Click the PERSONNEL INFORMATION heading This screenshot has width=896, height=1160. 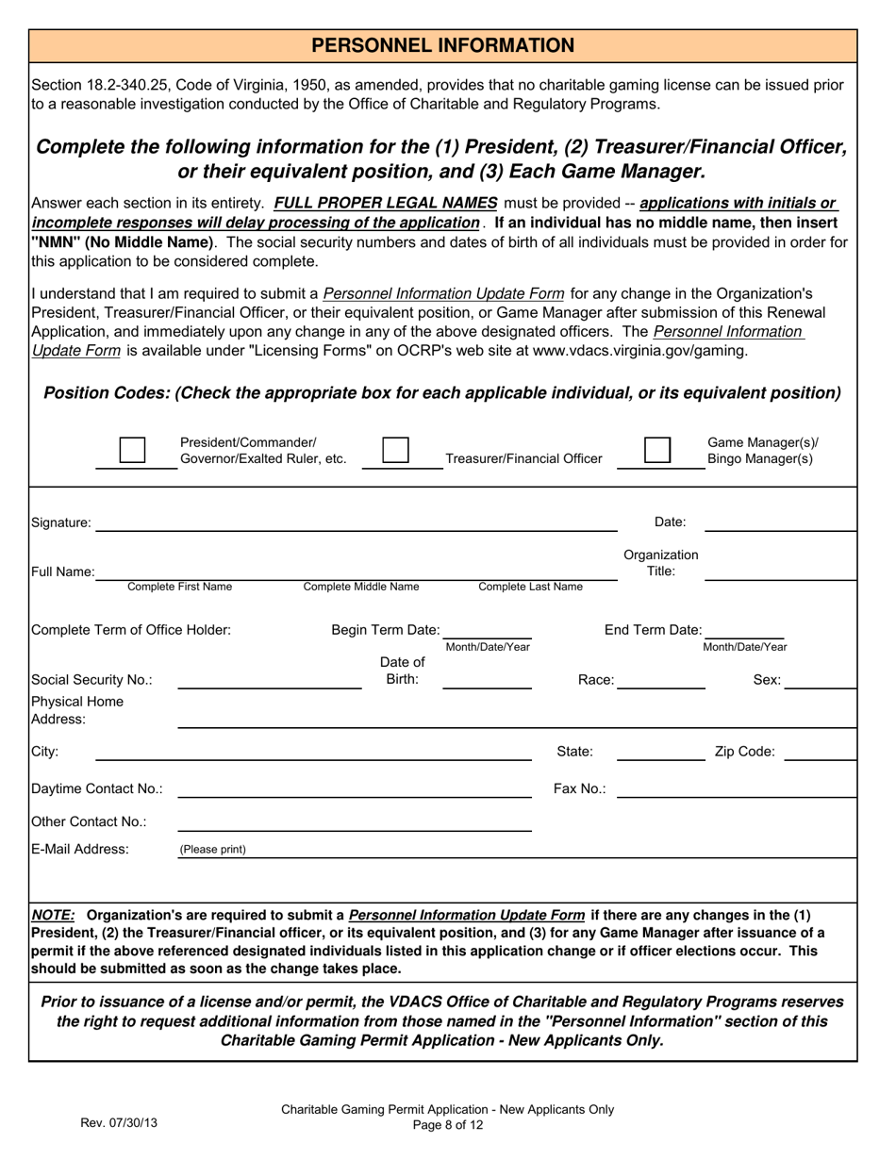coord(443,45)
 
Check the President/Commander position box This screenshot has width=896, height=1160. coord(132,451)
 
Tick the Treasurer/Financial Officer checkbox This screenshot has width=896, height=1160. coord(394,451)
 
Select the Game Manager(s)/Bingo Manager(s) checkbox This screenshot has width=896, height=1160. coord(657,451)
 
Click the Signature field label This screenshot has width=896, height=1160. coord(61,522)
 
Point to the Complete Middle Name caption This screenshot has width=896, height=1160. coord(361,587)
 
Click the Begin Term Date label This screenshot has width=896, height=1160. coord(385,630)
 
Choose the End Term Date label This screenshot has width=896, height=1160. coord(653,630)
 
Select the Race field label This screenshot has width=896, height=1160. coord(596,680)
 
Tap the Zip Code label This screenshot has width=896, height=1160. coord(745,752)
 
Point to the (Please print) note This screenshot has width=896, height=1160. coord(213,850)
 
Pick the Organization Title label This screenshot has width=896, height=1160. coord(661,563)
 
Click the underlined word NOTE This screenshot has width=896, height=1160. coord(53,915)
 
